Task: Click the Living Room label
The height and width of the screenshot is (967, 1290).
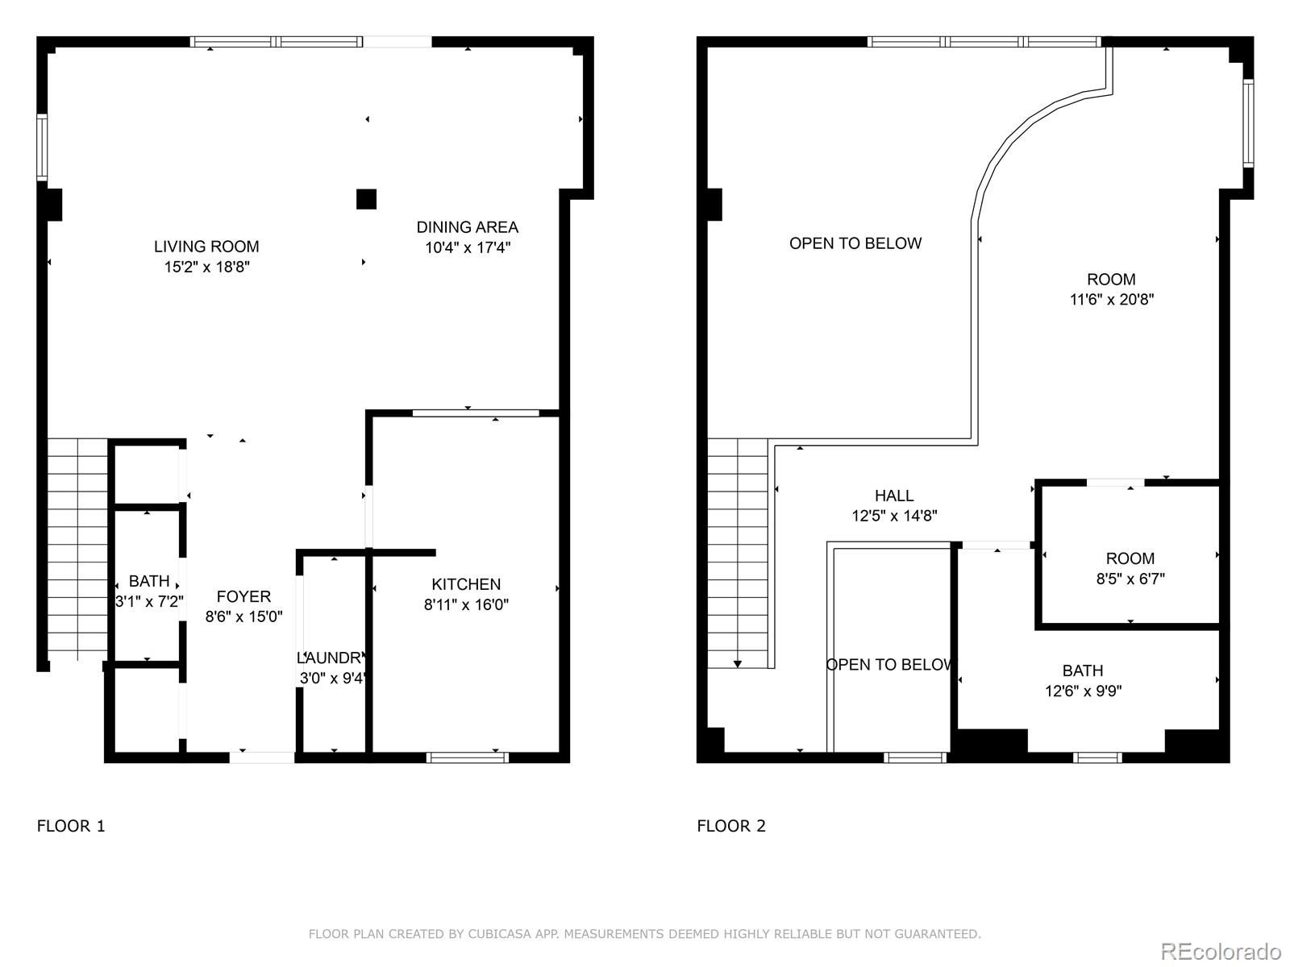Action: coord(206,247)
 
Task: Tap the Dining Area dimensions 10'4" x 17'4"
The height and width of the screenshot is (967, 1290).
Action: coord(468,247)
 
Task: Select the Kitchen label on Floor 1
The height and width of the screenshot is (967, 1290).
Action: coord(466,584)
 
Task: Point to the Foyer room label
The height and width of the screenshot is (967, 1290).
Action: coord(243,596)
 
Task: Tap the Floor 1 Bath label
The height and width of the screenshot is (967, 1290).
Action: coord(149,581)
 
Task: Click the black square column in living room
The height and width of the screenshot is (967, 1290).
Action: coord(366,199)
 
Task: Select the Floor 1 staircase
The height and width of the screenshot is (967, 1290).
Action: coord(77,548)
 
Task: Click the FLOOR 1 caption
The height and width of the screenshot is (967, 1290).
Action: coord(71,825)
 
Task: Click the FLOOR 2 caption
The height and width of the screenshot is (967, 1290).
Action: coord(731,825)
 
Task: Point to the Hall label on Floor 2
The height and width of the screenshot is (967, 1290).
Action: coord(894,496)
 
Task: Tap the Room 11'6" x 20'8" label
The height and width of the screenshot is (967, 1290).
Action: coord(1111,280)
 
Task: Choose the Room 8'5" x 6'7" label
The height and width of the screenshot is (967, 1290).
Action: coord(1130,558)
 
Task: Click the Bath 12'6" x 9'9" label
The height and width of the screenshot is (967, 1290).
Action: coord(1082,670)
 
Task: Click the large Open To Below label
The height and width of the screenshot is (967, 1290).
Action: coord(855,243)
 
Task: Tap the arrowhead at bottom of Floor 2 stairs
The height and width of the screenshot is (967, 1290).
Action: coord(737,664)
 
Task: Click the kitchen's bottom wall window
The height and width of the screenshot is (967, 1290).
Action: coord(467,757)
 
